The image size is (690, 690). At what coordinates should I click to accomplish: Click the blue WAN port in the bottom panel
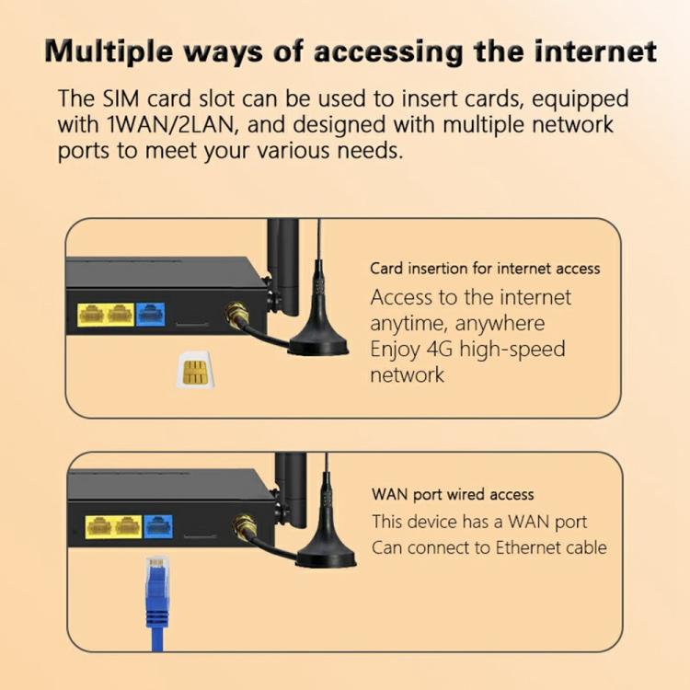coord(157,527)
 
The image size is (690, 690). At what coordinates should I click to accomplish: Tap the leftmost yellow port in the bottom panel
coord(99,527)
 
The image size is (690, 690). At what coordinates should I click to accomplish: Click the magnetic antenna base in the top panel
coord(318,346)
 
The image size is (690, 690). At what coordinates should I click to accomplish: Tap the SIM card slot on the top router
coord(191,325)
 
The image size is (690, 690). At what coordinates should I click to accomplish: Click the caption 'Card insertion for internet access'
coord(485,269)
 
